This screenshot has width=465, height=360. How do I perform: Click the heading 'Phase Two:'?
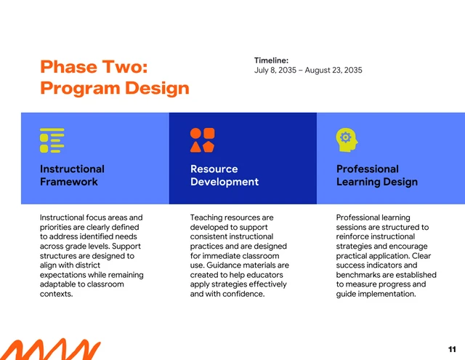94,67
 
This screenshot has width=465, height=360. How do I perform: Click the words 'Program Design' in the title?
114,89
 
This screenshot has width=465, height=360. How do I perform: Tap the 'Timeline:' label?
271,60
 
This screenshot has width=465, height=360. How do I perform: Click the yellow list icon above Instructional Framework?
52,140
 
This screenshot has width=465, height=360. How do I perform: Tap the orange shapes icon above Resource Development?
202,140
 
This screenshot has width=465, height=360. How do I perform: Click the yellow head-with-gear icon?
346,140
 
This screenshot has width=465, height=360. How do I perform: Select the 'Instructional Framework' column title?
72,175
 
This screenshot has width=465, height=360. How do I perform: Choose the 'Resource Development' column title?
224,175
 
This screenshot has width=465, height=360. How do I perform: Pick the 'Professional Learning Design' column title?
376,175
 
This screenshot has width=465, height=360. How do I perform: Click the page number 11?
453,349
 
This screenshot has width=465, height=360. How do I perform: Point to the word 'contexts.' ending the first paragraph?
56,294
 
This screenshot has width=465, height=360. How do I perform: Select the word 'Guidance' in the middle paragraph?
228,265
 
